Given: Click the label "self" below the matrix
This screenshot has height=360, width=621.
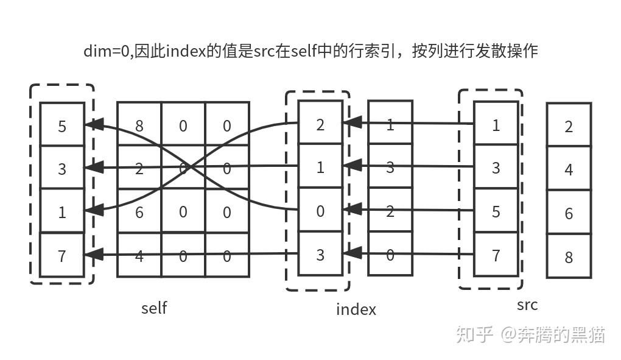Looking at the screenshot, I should coord(153,308).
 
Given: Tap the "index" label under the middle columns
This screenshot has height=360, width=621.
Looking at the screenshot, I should coord(356,309).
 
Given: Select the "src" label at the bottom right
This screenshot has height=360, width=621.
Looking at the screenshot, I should coord(527,305).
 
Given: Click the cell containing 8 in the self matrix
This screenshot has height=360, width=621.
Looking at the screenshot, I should coord(139,126).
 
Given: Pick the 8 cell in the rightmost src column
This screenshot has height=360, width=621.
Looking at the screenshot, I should coord(569,256).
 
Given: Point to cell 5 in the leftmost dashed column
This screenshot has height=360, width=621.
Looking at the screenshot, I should coord(61,126).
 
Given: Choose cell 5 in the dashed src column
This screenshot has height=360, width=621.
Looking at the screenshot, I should coord(496,211).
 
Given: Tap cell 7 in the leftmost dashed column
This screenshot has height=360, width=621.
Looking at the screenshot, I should coord(61,255).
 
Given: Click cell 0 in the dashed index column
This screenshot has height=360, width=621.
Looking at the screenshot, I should coord(320,211).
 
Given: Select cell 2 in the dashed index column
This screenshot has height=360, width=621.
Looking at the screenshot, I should coord(320,125).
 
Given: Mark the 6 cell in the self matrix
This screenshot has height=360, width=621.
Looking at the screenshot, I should coord(139,211).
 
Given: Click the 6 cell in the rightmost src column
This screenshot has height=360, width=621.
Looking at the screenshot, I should coord(569,213).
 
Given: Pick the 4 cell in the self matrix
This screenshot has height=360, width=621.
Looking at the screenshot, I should coord(139,256).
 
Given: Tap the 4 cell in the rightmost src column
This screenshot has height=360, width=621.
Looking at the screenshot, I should coord(569,169).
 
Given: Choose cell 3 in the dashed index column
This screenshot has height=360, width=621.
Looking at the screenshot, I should coord(320,254).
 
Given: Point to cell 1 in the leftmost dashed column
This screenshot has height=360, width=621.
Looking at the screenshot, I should coord(61,213).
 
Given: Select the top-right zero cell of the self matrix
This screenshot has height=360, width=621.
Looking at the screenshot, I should coord(227,126).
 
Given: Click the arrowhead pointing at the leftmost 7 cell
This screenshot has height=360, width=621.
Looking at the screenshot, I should coord(92,255).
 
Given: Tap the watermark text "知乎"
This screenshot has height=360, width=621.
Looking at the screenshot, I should coord(474,334).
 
